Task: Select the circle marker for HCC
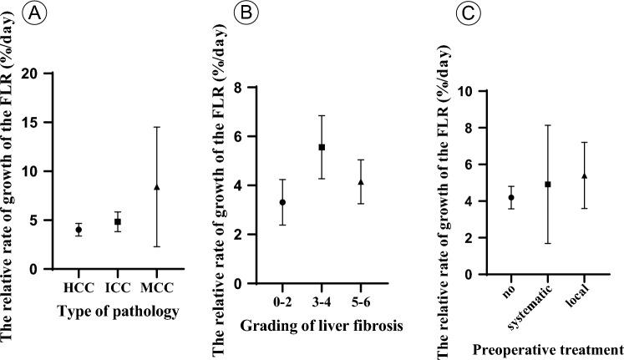click(79, 230)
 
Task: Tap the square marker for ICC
click(118, 222)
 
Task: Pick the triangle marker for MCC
click(157, 187)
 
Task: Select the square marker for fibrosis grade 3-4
click(322, 147)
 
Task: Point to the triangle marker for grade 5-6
click(360, 182)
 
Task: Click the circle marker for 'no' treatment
click(511, 198)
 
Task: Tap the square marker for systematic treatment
click(547, 184)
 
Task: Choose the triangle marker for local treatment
click(584, 176)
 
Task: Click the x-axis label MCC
click(157, 284)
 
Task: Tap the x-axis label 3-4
click(322, 298)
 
